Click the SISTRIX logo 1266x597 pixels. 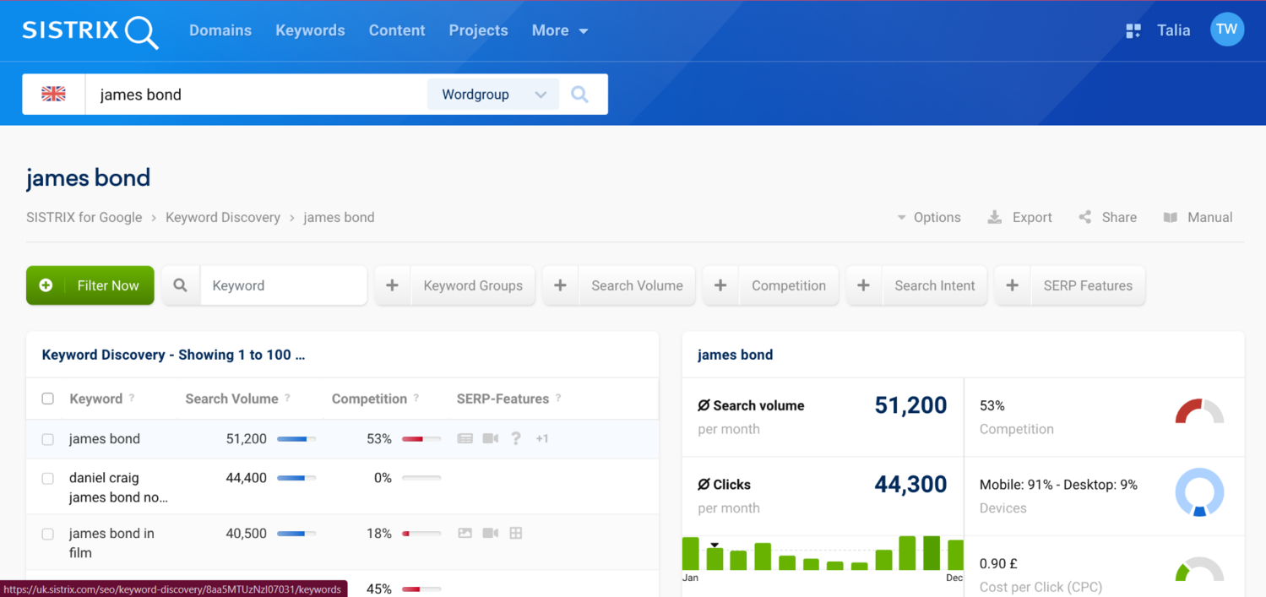[90, 31]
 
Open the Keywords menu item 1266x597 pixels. [310, 30]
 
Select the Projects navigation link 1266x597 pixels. [478, 30]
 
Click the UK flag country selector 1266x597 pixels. [53, 95]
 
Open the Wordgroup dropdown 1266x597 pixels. [493, 95]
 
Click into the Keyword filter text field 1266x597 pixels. [283, 285]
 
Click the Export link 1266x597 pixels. [1020, 217]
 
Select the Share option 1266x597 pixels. [1108, 217]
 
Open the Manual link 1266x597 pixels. [1198, 217]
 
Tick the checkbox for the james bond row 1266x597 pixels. [48, 439]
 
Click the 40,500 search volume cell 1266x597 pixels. [247, 534]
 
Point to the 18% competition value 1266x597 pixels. [379, 534]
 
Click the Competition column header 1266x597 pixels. [369, 399]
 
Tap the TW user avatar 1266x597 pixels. [1226, 30]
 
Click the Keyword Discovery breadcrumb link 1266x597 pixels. [223, 217]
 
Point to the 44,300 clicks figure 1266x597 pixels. [910, 485]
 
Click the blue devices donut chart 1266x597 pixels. [1199, 492]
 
